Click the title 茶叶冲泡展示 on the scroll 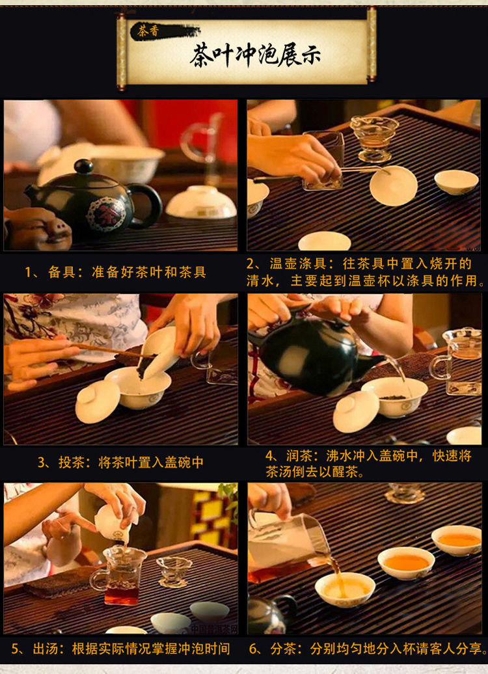click(256, 55)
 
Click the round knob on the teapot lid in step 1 click(83, 166)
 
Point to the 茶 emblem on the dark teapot click(106, 214)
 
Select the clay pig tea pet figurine click(37, 229)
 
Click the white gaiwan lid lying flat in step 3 click(97, 401)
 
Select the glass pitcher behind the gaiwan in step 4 click(458, 361)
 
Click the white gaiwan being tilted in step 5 click(113, 523)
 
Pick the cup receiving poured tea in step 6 click(345, 589)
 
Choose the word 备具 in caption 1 click(61, 272)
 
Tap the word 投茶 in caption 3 click(71, 463)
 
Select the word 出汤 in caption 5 click(45, 648)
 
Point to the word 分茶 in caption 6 click(284, 648)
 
